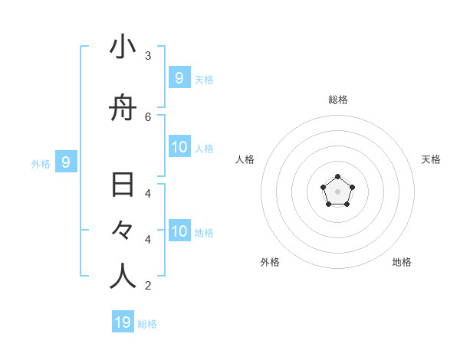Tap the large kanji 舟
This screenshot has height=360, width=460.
pos(123,109)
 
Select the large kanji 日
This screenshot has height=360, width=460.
pos(123,185)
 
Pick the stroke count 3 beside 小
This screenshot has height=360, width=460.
pos(148,55)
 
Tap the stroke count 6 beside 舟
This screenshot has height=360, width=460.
pos(148,116)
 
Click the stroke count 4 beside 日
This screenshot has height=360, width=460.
pos(148,193)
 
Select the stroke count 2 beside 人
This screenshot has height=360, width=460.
pos(148,286)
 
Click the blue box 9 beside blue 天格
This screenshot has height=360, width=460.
pos(179,77)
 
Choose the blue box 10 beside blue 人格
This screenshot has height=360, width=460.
pos(179,147)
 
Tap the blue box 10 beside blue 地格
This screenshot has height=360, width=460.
pos(179,231)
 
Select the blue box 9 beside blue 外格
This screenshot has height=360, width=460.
pos(66,162)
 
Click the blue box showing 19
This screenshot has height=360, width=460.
pos(123,322)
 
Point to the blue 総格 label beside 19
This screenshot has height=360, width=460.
pos(147,323)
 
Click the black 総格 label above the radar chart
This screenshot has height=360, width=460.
pos(338,100)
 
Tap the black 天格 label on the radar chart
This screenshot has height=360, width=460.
pos(431,159)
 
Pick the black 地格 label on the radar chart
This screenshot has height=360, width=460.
pos(402,262)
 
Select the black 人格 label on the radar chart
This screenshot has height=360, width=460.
pos(245,159)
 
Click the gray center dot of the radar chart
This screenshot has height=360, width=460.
pos(337,191)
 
